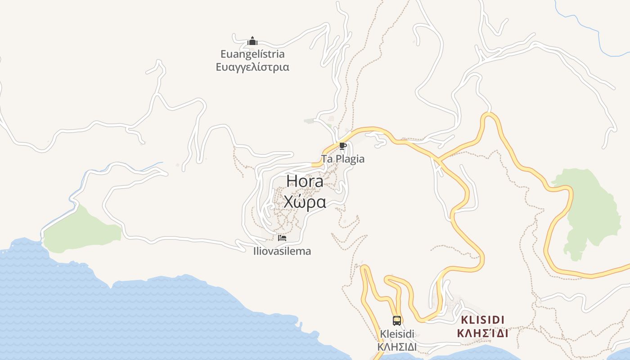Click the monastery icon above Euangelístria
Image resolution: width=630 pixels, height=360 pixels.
tap(252, 42)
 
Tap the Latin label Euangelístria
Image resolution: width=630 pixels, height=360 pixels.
tap(252, 54)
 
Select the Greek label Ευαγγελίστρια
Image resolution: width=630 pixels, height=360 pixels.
tap(252, 67)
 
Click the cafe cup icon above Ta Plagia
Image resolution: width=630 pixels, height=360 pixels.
tap(343, 146)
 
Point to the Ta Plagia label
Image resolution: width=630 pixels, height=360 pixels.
tap(343, 159)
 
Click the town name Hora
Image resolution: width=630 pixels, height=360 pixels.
tap(305, 181)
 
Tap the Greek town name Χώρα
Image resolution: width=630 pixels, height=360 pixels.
tap(305, 202)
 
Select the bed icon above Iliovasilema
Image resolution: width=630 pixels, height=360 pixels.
tap(282, 238)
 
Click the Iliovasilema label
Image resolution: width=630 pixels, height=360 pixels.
tap(282, 251)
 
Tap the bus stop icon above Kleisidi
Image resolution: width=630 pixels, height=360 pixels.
tap(397, 320)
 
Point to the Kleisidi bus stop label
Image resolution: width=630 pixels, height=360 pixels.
tap(397, 334)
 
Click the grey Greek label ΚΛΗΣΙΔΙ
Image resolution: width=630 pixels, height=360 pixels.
tap(397, 347)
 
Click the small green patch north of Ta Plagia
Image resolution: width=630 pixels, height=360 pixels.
tap(310, 121)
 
